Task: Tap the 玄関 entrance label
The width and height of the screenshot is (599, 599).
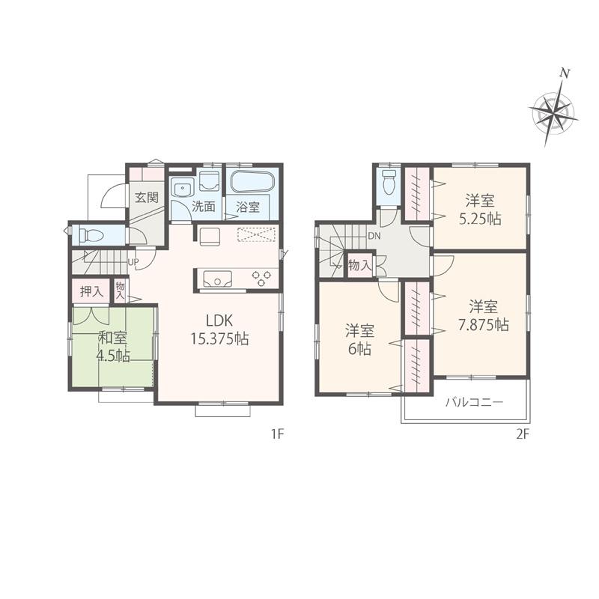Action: [146, 198]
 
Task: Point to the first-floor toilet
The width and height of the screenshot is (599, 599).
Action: [91, 235]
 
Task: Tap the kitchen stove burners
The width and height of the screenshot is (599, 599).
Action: [262, 278]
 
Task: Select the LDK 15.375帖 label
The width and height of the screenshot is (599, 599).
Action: [219, 330]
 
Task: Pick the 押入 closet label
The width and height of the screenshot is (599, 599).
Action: [91, 291]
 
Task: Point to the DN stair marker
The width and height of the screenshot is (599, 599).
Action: [374, 236]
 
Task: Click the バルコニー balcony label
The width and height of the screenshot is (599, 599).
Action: [474, 403]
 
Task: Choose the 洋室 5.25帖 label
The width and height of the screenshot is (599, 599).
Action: [480, 209]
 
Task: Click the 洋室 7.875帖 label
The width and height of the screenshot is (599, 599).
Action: [479, 315]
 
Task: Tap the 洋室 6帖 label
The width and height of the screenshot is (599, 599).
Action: [359, 339]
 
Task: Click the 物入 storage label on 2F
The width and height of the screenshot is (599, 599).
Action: [359, 265]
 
